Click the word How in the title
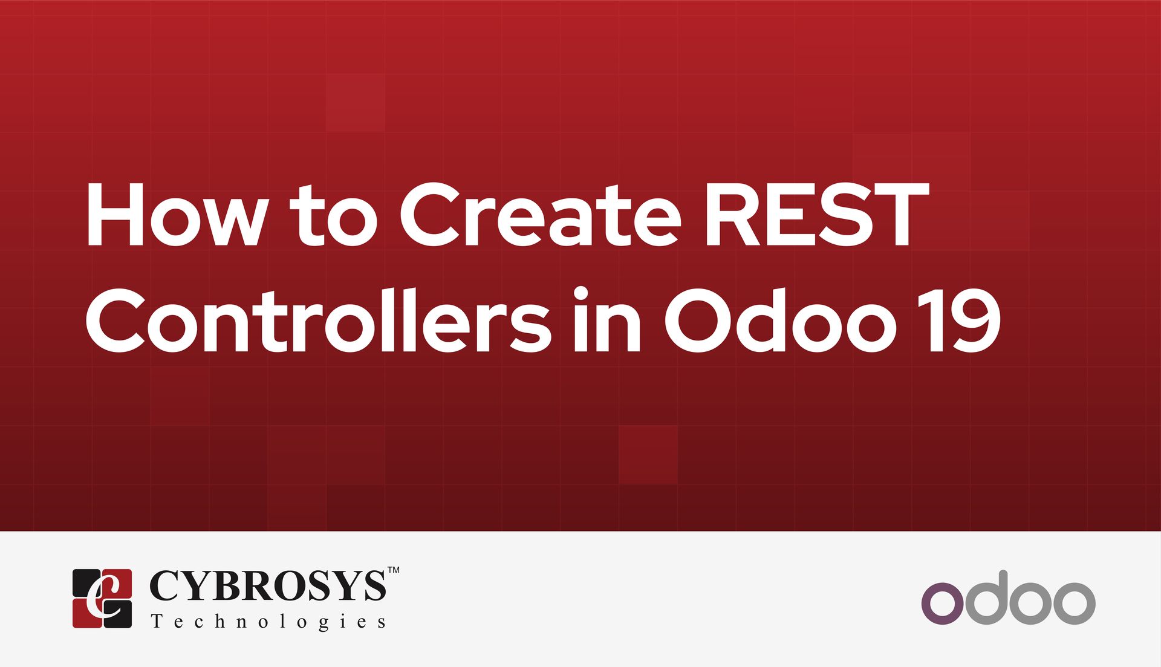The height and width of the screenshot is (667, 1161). click(x=175, y=215)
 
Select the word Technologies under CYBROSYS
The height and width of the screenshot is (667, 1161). click(x=268, y=622)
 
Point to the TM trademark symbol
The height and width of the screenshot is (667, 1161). click(x=393, y=570)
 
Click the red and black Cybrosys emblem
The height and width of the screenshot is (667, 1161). click(x=102, y=598)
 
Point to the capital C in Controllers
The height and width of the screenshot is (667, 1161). click(x=118, y=320)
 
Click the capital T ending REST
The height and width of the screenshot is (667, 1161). click(x=898, y=215)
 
